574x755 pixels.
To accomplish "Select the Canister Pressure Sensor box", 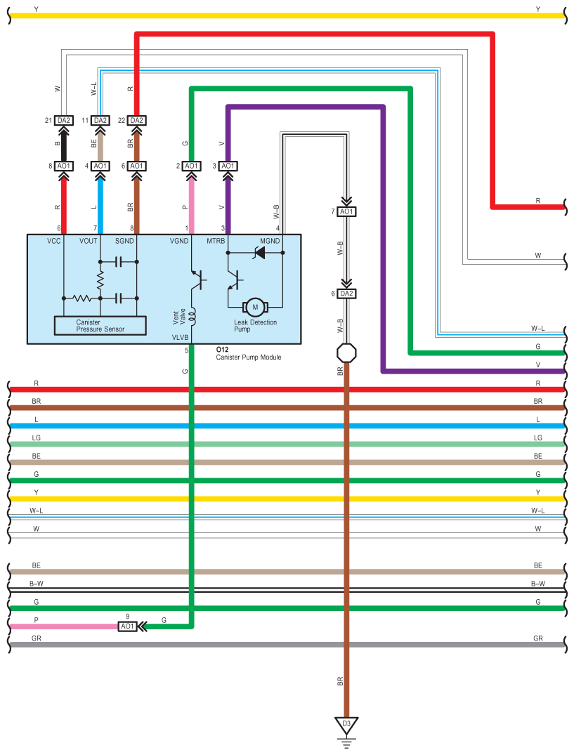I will point(100,325).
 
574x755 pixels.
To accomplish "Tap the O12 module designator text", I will point(222,349).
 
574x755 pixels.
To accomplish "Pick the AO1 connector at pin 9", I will point(127,626).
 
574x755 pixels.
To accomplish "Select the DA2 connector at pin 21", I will point(64,120).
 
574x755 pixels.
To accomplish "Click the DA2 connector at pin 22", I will point(136,120).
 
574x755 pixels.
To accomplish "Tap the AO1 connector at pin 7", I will point(346,211).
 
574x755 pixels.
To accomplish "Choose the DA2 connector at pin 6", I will point(346,294).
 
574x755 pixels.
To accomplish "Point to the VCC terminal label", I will point(55,241).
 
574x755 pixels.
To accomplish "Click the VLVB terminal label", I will point(180,337).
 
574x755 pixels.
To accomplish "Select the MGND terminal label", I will point(270,241).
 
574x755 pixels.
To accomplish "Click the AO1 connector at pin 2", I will point(191,166).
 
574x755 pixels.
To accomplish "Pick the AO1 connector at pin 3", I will point(227,166).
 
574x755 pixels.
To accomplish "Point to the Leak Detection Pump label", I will point(255,326).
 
